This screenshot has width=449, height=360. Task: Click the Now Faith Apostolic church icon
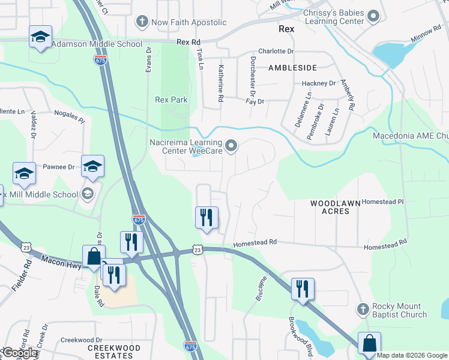[142, 22]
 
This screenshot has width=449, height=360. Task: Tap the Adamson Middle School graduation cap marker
[41, 37]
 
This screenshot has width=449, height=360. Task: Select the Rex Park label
[171, 100]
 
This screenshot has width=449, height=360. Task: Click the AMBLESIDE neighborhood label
[292, 68]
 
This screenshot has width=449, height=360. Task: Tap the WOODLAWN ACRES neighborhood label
[335, 207]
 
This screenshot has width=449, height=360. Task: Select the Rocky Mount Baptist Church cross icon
[361, 310]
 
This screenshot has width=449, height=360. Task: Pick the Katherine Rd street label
[221, 83]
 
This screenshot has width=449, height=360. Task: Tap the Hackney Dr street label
[318, 83]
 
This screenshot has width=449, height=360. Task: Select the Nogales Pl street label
[70, 116]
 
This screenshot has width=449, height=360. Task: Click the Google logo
[20, 353]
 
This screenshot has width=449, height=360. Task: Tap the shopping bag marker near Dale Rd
[94, 256]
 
